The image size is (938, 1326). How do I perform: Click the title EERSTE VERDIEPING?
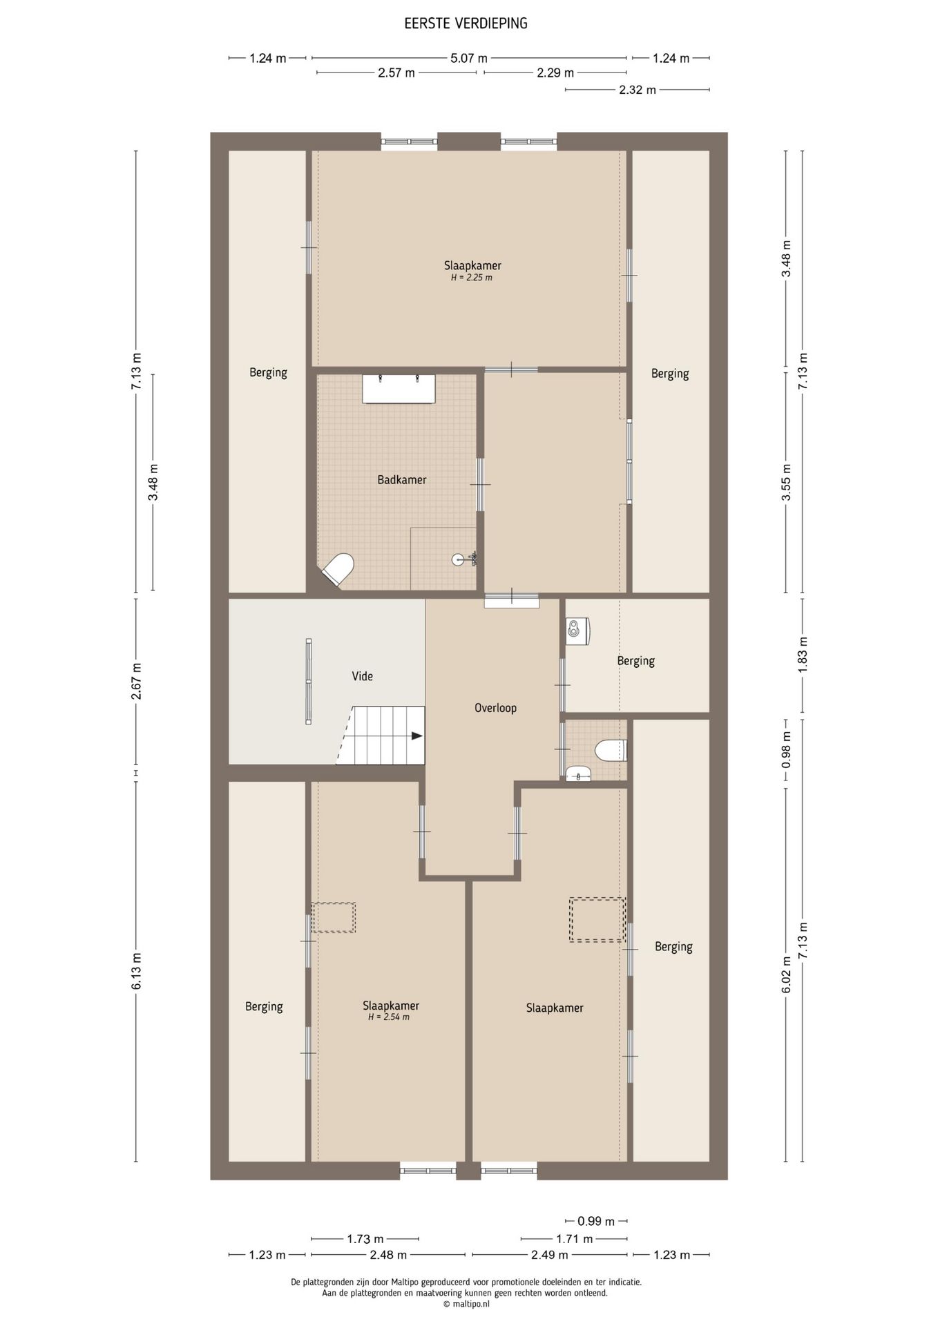pos(466,23)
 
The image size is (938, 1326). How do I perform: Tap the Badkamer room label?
pos(401,479)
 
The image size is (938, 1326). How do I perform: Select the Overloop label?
pos(495,708)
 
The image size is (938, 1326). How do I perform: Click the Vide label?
pos(362,676)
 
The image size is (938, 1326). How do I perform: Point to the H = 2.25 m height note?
pos(472,278)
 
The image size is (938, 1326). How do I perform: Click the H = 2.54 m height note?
pos(389,1017)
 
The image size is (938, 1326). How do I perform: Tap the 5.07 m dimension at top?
pos(469,59)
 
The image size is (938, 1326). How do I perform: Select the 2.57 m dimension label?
pos(396,73)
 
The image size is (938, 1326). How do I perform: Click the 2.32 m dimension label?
pos(638,90)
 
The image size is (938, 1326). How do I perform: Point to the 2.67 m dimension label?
pos(137,681)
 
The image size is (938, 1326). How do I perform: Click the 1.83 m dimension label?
pos(803,655)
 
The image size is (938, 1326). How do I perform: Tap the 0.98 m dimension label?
pos(786,750)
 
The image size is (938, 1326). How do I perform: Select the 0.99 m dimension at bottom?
pos(596,1222)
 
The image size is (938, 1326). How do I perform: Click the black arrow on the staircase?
pos(417,736)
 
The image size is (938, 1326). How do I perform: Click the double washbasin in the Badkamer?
pos(399,389)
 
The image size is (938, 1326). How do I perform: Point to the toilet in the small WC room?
pos(611,751)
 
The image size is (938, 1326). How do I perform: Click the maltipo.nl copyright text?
pos(467,1304)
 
